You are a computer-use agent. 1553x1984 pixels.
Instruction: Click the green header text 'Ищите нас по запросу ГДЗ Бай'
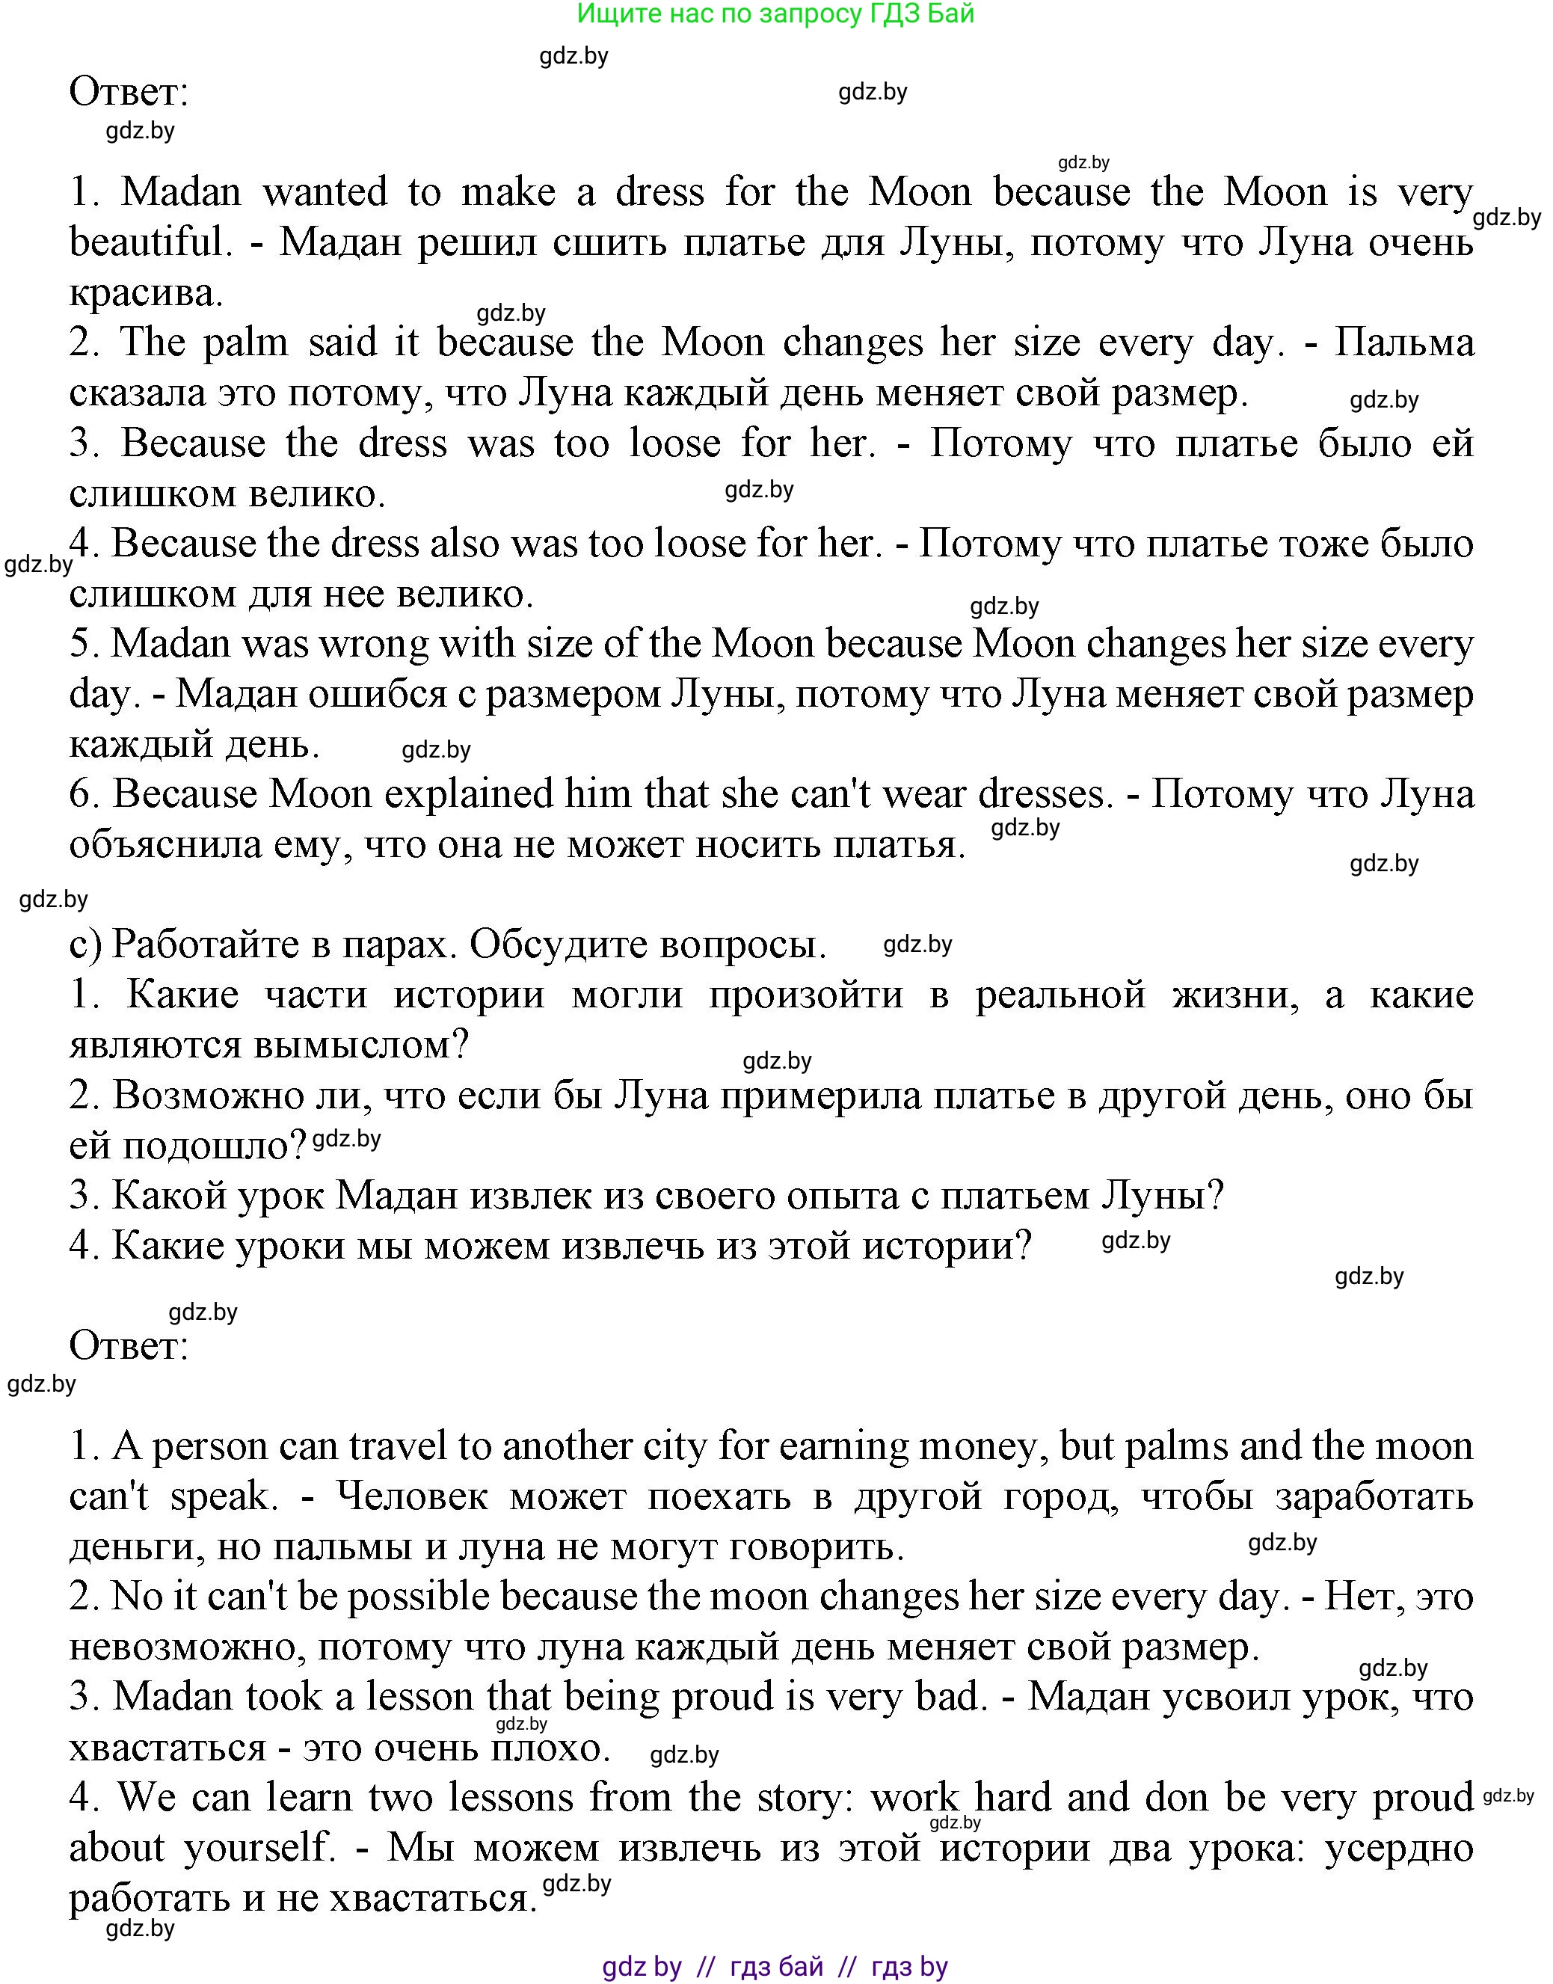775,13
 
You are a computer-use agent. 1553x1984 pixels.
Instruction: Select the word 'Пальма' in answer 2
1404,343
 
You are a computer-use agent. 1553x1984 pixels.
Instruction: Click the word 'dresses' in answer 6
1044,795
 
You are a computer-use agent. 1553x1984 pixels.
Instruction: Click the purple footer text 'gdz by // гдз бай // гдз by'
775,1967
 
